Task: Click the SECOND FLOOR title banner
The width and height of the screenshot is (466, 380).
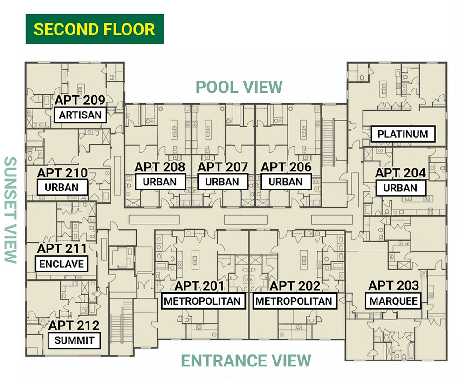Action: (95, 29)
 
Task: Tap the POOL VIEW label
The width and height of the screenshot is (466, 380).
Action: (239, 87)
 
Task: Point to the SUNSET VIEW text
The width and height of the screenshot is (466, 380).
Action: (11, 210)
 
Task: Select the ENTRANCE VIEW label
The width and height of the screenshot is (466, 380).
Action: (246, 361)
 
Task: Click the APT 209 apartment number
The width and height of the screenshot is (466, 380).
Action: (80, 100)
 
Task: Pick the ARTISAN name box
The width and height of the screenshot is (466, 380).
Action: (80, 115)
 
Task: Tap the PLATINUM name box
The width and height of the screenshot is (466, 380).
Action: (403, 134)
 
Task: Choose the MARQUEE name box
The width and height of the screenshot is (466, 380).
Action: (393, 301)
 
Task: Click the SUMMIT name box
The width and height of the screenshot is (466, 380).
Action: (74, 340)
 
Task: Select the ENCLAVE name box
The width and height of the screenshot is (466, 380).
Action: (62, 264)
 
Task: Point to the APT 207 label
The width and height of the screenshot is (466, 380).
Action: (223, 167)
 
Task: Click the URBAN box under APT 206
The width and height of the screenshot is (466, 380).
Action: (286, 182)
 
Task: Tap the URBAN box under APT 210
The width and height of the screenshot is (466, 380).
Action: (62, 187)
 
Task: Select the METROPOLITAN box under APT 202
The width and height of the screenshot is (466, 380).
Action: (294, 301)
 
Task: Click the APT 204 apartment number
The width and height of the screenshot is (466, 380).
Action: (401, 173)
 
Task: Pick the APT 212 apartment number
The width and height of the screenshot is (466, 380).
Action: (74, 326)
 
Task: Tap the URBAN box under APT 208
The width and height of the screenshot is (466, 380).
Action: (160, 182)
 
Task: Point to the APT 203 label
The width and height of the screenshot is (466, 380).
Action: (394, 286)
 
